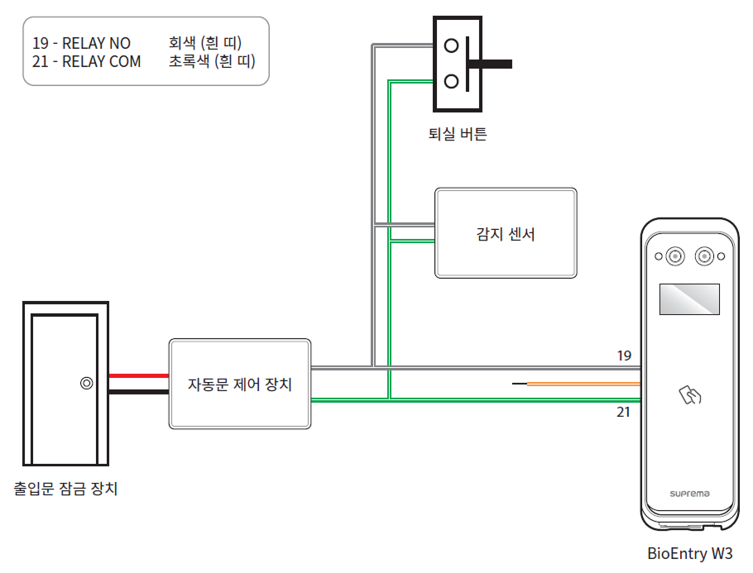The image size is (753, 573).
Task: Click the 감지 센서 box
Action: pos(506,233)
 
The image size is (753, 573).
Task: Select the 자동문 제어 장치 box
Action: pos(240,384)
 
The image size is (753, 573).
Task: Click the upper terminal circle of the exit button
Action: pos(452,46)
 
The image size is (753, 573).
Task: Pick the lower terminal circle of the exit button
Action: pos(452,81)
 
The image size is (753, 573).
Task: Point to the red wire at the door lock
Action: pos(138,375)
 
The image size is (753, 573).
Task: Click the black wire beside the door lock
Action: pos(138,393)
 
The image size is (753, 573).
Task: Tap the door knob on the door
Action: pos(86,384)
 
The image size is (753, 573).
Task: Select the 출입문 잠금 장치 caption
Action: pos(66,489)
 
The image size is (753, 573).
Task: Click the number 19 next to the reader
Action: pos(624,356)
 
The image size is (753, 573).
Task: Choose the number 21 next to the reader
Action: pos(624,411)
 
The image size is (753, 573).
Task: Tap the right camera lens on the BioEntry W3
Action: pos(706,256)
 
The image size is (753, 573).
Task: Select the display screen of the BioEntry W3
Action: pos(688,298)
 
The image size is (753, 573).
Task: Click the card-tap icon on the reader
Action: pos(689,394)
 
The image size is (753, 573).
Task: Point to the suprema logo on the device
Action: pos(689,494)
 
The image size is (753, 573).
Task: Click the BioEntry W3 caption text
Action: pos(689,554)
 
